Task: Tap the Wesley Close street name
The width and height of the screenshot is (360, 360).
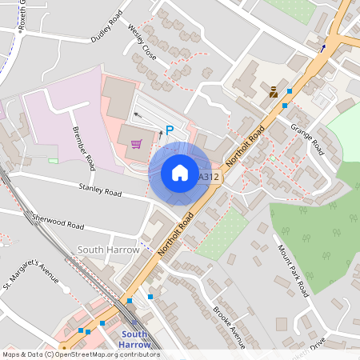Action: pyautogui.click(x=141, y=41)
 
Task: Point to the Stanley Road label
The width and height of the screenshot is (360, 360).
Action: pyautogui.click(x=99, y=191)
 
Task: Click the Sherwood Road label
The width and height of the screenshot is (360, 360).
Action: pyautogui.click(x=58, y=221)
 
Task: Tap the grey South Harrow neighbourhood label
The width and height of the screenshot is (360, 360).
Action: pyautogui.click(x=108, y=250)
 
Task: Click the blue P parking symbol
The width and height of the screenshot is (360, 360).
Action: pyautogui.click(x=170, y=130)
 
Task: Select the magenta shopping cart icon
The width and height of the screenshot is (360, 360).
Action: pyautogui.click(x=137, y=143)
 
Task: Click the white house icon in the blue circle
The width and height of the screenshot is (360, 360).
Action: pyautogui.click(x=179, y=173)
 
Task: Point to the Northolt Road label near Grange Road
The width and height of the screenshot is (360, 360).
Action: pyautogui.click(x=246, y=143)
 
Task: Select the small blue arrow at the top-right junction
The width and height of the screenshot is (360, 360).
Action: pyautogui.click(x=323, y=47)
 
